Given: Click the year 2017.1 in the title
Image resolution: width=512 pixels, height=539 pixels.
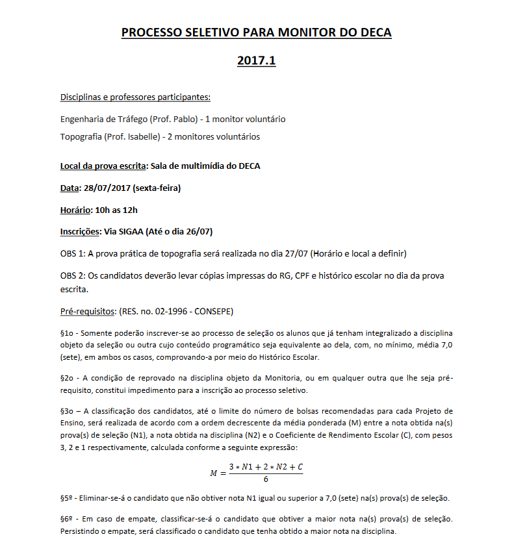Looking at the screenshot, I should point(256,60).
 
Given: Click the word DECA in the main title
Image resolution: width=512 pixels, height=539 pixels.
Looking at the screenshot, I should point(371,32).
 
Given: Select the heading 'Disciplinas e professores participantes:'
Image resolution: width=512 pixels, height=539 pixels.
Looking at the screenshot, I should point(135,97).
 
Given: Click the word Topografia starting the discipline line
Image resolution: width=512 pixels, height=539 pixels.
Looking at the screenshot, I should point(80,136).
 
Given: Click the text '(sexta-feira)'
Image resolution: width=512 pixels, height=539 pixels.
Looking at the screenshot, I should point(156,188).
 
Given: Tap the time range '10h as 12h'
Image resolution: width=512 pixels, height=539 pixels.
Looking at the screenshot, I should point(116,210).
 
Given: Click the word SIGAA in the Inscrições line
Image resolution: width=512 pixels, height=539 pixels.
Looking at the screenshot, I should point(134,231).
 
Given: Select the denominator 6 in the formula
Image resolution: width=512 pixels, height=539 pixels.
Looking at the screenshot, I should point(266,480).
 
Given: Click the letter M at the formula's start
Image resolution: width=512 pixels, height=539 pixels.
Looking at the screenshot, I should point(213,473).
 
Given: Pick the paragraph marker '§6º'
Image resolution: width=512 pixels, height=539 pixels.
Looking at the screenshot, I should point(67,520).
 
